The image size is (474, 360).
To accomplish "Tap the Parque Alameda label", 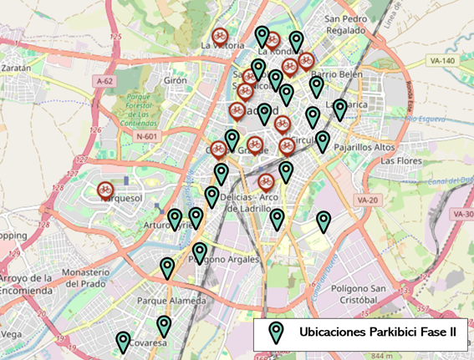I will [x=171, y=301].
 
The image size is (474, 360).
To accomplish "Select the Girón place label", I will [x=176, y=81].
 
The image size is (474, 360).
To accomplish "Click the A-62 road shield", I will [x=104, y=81].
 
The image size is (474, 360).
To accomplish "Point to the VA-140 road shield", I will [x=441, y=61].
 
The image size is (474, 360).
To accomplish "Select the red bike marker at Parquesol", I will [x=105, y=190].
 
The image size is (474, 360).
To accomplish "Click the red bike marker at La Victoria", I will [x=219, y=36].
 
